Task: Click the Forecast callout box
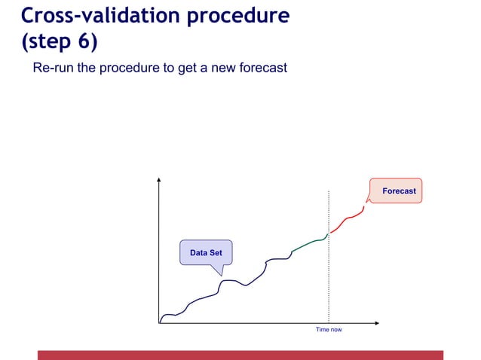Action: (x=397, y=191)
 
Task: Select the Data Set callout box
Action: (x=206, y=252)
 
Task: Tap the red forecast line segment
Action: (x=348, y=218)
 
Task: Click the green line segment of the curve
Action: (x=309, y=243)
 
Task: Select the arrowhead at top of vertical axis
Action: (x=159, y=180)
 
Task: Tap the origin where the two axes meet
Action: (x=159, y=322)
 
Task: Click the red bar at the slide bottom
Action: (x=240, y=355)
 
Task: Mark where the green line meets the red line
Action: (x=329, y=233)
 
